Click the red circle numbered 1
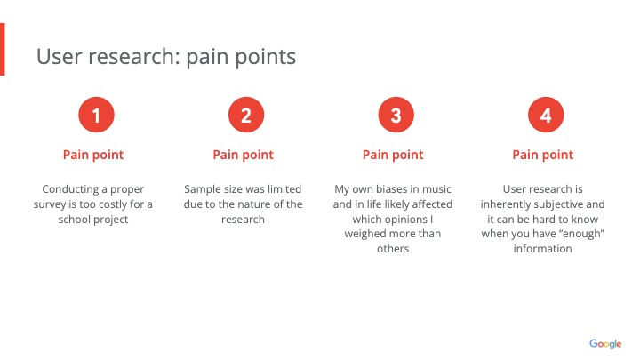96,115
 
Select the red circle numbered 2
246,115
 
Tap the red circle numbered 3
396,115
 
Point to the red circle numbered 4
546,115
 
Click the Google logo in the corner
605,344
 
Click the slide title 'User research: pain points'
166,57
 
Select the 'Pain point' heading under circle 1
93,155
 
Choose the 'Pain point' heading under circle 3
393,155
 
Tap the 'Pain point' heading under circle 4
543,155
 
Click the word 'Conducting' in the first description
70,190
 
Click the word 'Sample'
199,190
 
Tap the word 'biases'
391,189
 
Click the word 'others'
393,249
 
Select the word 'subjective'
558,204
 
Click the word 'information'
543,249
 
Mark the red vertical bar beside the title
2,50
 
